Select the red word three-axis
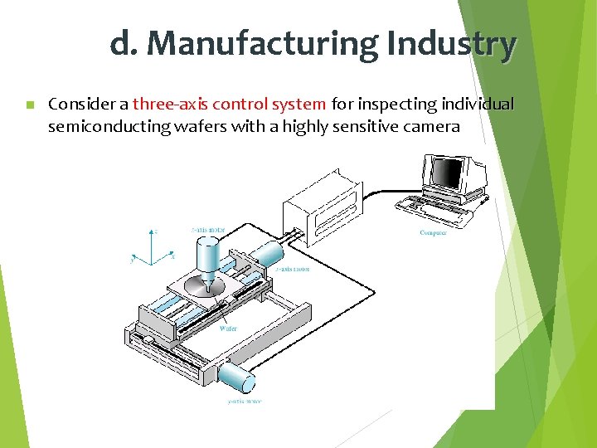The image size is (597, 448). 170,105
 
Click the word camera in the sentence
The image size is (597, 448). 430,127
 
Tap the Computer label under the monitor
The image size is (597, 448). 433,233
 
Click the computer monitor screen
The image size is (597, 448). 448,173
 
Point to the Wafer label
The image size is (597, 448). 228,329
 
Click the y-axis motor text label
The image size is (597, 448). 245,402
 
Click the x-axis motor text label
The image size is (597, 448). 293,270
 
